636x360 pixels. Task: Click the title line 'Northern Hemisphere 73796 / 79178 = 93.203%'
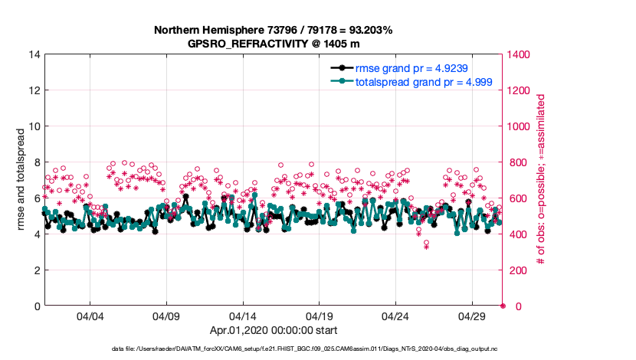pyautogui.click(x=274, y=31)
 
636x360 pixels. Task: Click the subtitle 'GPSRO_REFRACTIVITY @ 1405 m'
pyautogui.click(x=274, y=44)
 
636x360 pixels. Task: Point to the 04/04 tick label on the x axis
pyautogui.click(x=90, y=316)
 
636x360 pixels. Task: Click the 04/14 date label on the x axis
pyautogui.click(x=243, y=316)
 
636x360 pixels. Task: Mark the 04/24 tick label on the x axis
pyautogui.click(x=395, y=316)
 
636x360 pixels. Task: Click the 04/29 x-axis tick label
pyautogui.click(x=471, y=316)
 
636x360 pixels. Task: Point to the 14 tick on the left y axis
pyautogui.click(x=35, y=54)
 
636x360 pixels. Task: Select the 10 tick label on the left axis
pyautogui.click(x=35, y=126)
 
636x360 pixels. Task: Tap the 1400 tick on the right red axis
pyautogui.click(x=519, y=54)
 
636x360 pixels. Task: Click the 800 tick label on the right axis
pyautogui.click(x=516, y=162)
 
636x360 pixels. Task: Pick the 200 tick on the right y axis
pyautogui.click(x=516, y=270)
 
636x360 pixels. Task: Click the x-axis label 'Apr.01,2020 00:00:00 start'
pyautogui.click(x=274, y=330)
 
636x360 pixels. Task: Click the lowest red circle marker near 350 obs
pyautogui.click(x=426, y=243)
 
